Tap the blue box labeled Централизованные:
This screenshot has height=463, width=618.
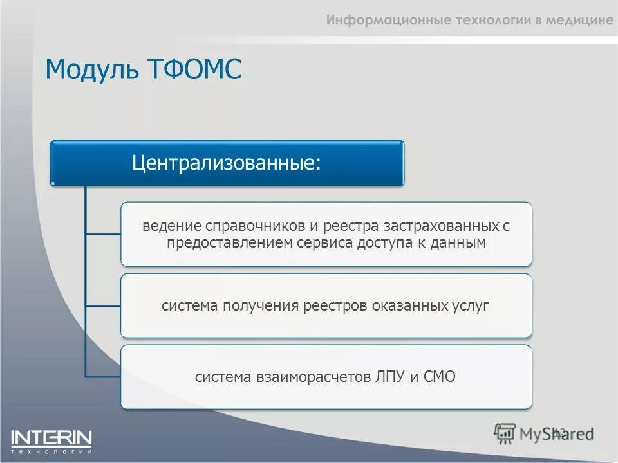(x=227, y=163)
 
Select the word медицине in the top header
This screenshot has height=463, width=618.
(x=579, y=20)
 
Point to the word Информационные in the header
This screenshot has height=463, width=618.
(x=378, y=20)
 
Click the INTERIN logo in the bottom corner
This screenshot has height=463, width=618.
(x=51, y=440)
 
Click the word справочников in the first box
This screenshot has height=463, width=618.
(x=246, y=226)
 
